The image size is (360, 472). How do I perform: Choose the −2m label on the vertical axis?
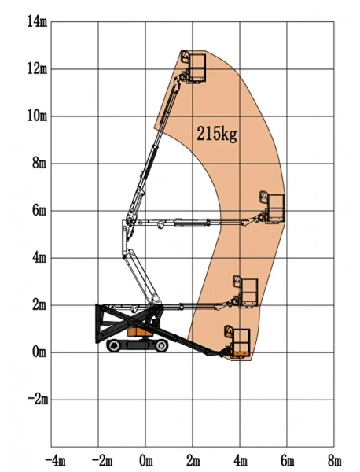36,399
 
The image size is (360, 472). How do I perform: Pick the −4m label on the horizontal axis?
54,459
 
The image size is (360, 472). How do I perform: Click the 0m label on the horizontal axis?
145,459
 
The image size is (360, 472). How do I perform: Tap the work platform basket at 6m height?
274,207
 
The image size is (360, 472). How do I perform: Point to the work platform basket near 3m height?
247,291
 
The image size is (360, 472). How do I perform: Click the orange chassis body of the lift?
140,333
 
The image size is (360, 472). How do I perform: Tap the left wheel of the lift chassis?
114,346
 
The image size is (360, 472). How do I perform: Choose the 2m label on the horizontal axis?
193,459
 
